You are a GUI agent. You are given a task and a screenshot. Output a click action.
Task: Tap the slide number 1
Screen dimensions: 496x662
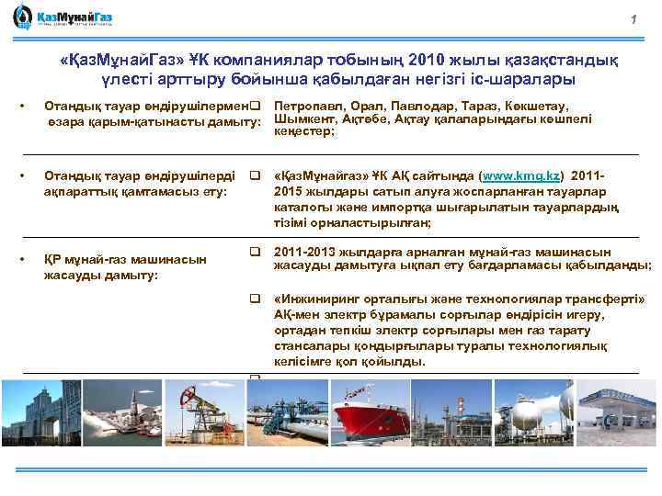[x=633, y=21]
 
